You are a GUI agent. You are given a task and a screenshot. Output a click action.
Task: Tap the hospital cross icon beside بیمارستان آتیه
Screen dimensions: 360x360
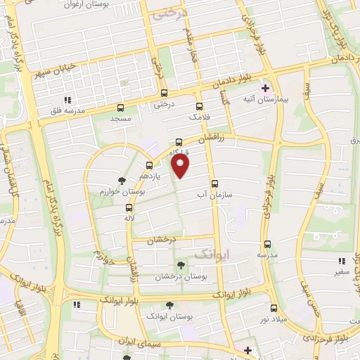pos(266,89)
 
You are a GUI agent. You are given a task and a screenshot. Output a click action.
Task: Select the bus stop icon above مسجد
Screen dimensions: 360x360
pos(120,108)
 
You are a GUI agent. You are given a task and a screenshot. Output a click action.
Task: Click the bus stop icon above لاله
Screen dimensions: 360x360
pos(129,207)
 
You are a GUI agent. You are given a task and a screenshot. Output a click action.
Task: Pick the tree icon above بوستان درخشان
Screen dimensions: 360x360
pos(181,265)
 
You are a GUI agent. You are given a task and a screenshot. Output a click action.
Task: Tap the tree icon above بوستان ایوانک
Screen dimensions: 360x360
pos(169,305)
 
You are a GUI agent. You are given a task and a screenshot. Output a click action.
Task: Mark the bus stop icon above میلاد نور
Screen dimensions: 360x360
pos(274,308)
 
